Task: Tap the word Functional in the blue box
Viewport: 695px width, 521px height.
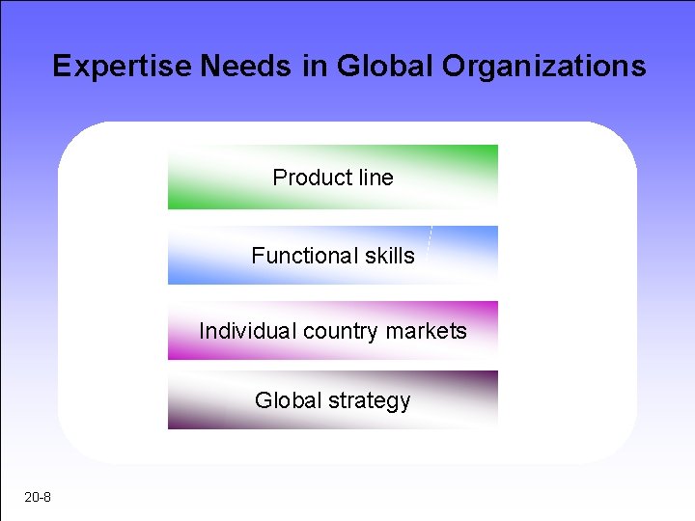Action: (304, 256)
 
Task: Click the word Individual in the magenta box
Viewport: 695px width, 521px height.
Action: (248, 331)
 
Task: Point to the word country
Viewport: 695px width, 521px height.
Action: (341, 331)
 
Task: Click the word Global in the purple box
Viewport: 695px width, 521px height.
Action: (283, 400)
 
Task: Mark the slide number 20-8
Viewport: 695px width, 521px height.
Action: (39, 498)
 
